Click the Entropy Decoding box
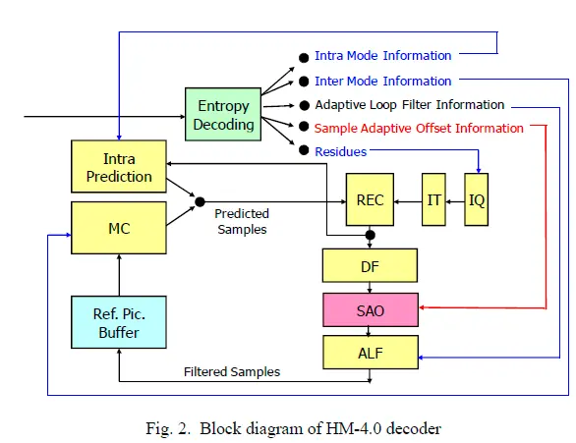pos(223,114)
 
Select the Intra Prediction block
pos(119,166)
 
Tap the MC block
pos(119,228)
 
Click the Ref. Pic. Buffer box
pos(119,322)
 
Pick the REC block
pos(370,199)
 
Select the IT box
pos(433,199)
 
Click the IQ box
pos(477,199)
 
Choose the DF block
pos(370,266)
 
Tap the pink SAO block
pos(371,310)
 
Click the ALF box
pos(371,353)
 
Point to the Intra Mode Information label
pos(382,56)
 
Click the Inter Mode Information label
pos(382,82)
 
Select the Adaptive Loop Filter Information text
pos(410,105)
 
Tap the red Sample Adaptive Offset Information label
pos(419,129)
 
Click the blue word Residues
pos(340,151)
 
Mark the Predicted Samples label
pos(242,221)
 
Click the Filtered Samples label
pos(232,372)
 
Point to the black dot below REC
pos(370,235)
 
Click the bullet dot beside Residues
pos(304,150)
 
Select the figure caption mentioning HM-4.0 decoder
pos(293,428)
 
